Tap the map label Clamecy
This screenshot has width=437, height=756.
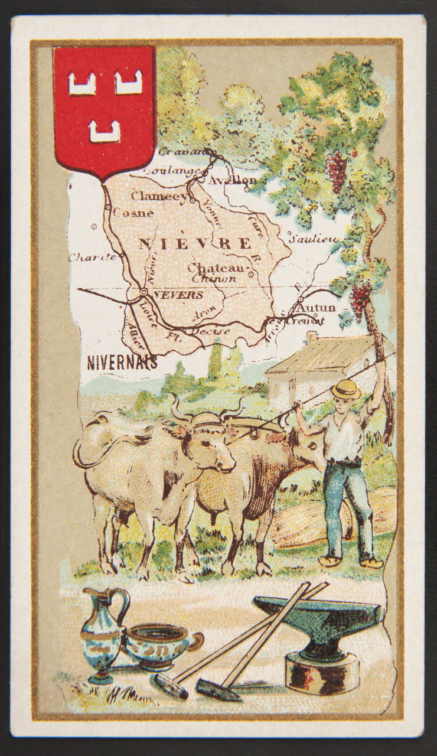point(158,196)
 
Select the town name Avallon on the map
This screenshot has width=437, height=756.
point(232,181)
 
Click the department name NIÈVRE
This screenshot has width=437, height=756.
point(195,243)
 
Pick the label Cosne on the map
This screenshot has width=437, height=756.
point(133,213)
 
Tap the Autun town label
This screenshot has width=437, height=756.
point(316,308)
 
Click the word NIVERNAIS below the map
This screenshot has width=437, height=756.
point(122,362)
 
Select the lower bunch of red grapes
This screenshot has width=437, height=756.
point(361,298)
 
